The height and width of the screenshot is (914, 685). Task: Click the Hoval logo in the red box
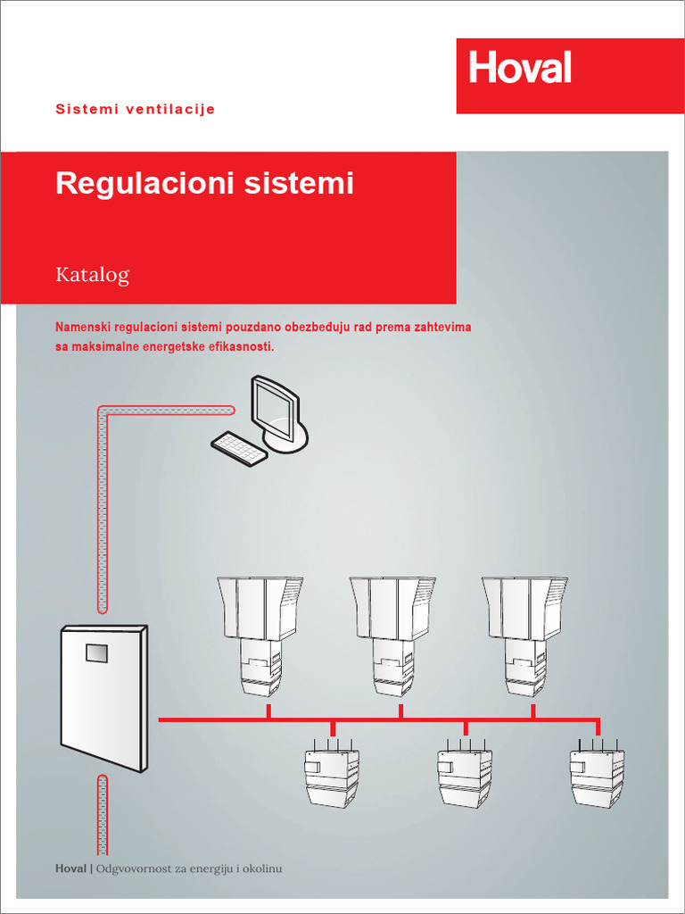[520, 68]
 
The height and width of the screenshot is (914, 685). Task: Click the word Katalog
[93, 274]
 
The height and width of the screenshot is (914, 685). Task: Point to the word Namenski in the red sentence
[82, 328]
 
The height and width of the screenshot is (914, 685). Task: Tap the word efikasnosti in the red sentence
[241, 345]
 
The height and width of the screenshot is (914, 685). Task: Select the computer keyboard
[239, 447]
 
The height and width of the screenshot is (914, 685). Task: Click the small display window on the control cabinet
[96, 652]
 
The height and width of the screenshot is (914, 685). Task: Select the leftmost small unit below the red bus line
[332, 776]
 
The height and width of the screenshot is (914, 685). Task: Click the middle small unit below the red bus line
[465, 776]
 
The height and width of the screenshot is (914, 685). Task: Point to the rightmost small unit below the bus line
[597, 776]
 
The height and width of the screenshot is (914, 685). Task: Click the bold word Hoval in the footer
[71, 868]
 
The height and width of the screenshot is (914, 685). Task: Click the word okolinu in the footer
[261, 868]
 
